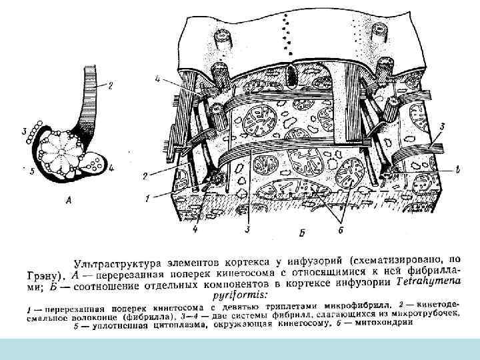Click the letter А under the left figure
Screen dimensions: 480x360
70,198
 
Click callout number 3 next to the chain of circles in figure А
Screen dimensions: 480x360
25,132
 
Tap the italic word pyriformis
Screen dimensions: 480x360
237,294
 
